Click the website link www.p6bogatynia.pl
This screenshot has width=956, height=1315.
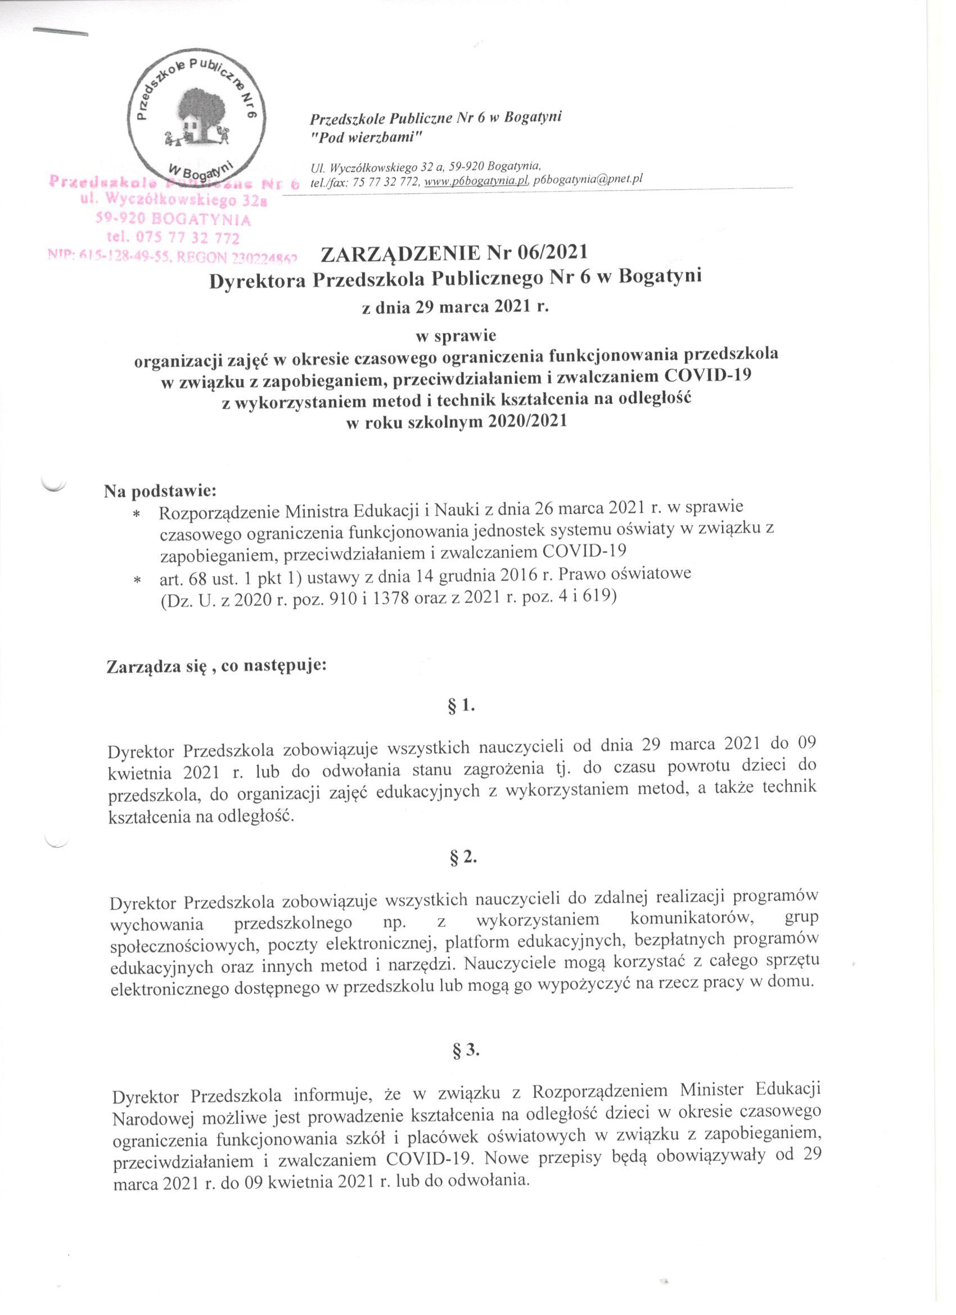pyautogui.click(x=476, y=181)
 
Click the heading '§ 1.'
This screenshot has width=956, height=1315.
pyautogui.click(x=465, y=707)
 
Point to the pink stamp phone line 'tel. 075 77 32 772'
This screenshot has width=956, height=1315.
pyautogui.click(x=173, y=238)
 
